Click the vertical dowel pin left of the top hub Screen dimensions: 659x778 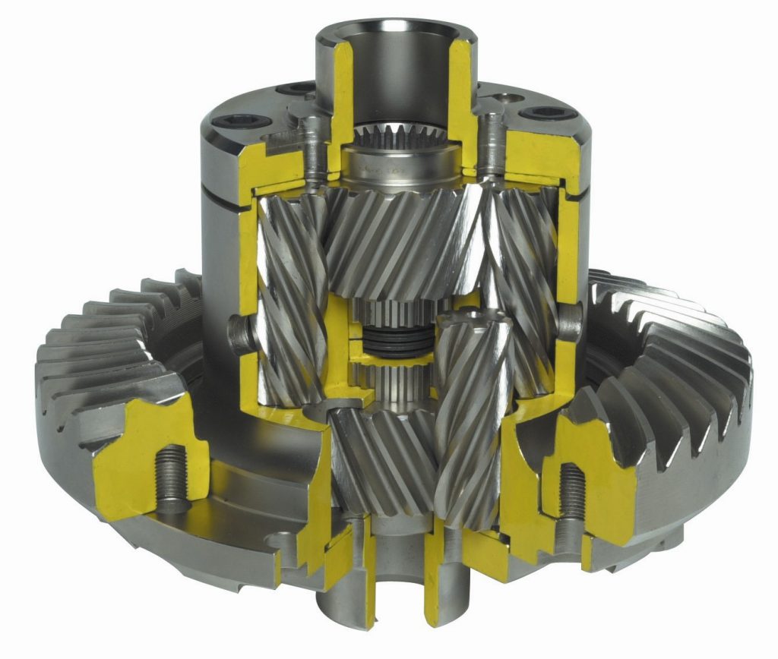(x=310, y=140)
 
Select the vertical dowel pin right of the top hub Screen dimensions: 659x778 (x=492, y=137)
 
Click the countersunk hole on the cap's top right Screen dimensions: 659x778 (x=503, y=97)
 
